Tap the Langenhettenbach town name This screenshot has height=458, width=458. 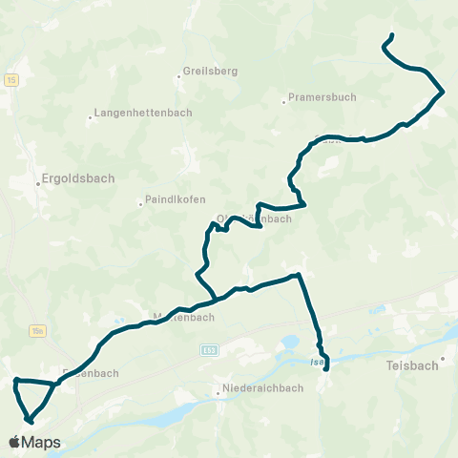coord(144,113)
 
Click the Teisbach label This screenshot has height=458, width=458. coord(413,365)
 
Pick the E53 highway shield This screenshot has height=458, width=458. coord(209,350)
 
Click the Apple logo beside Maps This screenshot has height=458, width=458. coord(14,443)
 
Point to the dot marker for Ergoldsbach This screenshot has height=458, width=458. coord(39,178)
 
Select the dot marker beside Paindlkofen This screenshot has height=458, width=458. coord(139,201)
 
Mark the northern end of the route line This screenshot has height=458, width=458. coord(391,36)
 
